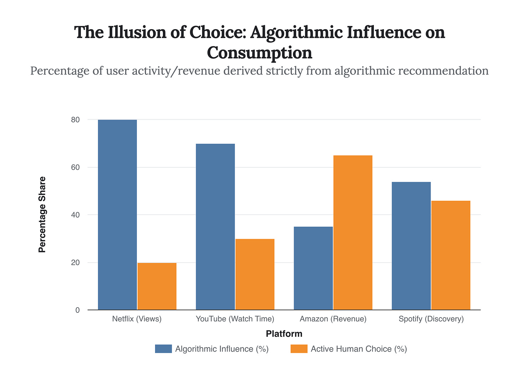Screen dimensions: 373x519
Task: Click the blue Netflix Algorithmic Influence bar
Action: coord(117,215)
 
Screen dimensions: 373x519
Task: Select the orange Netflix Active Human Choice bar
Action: coord(157,286)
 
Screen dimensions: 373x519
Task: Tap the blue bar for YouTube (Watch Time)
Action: coord(215,227)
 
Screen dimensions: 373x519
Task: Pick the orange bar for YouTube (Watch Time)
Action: coord(255,274)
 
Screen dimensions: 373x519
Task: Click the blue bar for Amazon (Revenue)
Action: coord(313,268)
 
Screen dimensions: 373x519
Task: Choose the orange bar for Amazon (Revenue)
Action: coord(353,232)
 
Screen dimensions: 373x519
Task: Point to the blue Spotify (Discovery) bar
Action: coord(411,246)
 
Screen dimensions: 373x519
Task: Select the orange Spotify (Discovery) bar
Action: coord(451,255)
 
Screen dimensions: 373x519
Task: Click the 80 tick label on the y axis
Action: coord(75,120)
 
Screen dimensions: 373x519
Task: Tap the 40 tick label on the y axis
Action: coord(75,215)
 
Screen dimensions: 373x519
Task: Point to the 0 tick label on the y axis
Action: coord(77,310)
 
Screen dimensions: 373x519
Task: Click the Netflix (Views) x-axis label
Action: coord(137,319)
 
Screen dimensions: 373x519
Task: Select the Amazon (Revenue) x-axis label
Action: coord(333,319)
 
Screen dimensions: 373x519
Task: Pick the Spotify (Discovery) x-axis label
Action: coord(431,319)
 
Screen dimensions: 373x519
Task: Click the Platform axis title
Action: coord(284,334)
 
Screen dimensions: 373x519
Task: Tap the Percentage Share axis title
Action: coord(42,215)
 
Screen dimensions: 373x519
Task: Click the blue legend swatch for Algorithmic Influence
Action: coord(163,349)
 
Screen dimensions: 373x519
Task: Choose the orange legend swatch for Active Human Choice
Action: coord(299,349)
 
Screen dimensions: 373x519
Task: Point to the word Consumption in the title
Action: coord(259,53)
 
